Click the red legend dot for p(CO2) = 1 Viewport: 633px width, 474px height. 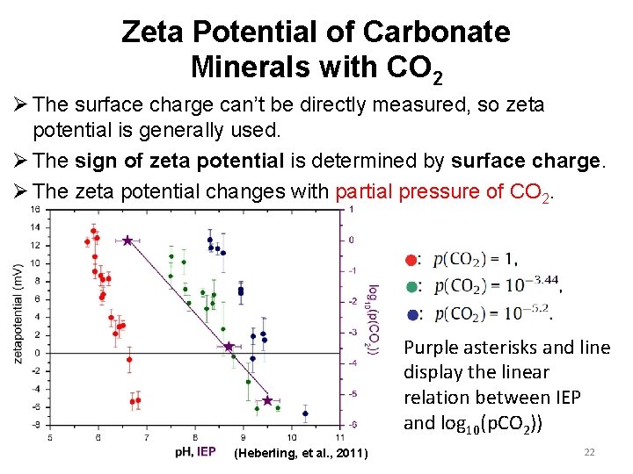[x=411, y=259]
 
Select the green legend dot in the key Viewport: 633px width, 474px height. [x=411, y=286]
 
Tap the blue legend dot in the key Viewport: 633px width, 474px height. [x=411, y=313]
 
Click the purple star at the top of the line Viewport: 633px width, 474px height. [x=127, y=240]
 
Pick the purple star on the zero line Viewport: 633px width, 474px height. [x=229, y=347]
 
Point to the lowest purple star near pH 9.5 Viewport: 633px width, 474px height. [x=267, y=400]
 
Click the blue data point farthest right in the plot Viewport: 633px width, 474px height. [x=305, y=413]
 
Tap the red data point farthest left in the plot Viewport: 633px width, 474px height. [x=87, y=241]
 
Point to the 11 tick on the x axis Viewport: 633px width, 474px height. [x=340, y=436]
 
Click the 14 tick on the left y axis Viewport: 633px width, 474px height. [x=36, y=227]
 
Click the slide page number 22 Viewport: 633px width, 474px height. [x=589, y=451]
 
